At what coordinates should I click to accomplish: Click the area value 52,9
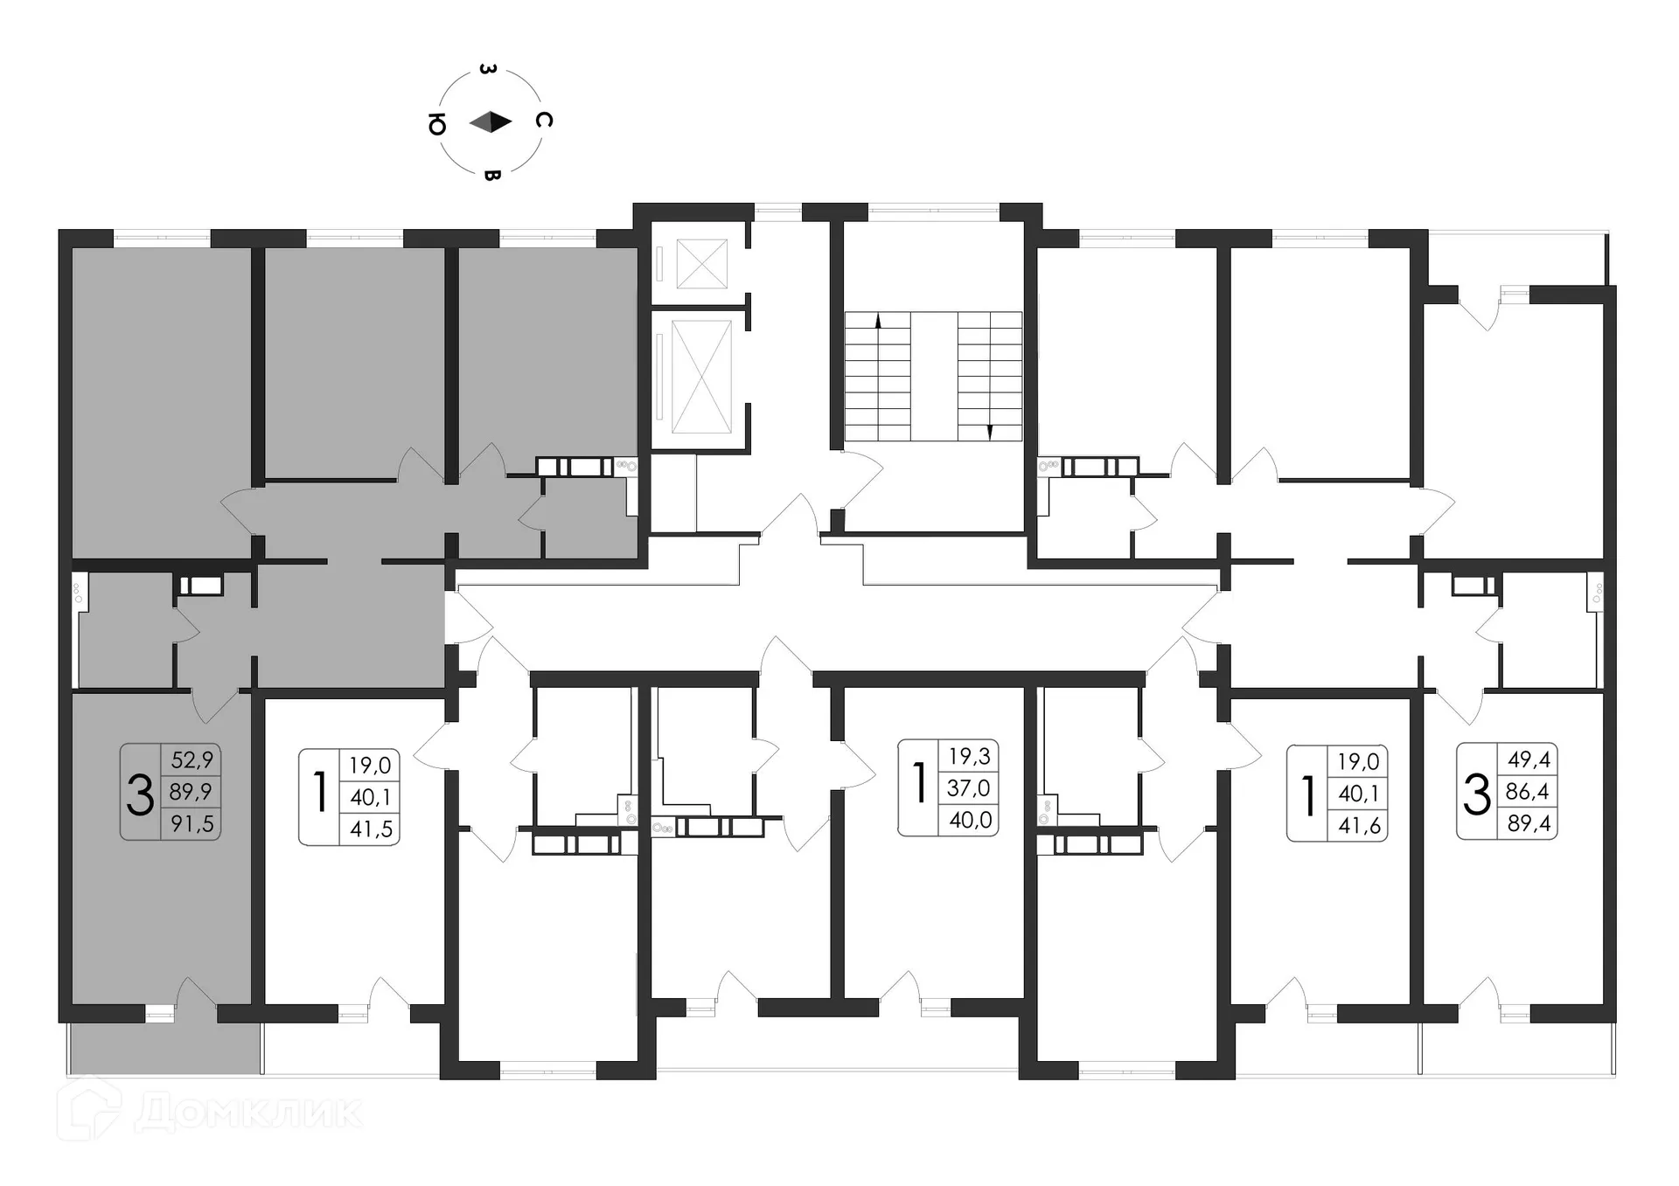point(192,759)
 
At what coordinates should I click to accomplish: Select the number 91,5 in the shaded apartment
point(192,822)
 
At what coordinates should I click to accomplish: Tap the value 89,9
point(192,791)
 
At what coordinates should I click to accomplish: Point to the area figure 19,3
point(969,756)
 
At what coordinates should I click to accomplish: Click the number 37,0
point(968,787)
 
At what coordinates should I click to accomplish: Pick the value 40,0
point(970,820)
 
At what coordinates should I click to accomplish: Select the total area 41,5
point(371,829)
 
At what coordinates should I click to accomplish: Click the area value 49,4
point(1529,759)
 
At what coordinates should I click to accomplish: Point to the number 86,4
point(1528,791)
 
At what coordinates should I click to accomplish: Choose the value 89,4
point(1529,822)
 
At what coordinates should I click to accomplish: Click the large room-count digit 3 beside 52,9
point(140,795)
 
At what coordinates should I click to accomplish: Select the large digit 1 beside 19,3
point(919,782)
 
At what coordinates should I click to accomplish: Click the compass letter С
point(543,121)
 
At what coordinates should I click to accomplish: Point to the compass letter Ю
point(436,126)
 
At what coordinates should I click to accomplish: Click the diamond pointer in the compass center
point(490,122)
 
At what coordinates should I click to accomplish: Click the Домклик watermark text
point(249,1112)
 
